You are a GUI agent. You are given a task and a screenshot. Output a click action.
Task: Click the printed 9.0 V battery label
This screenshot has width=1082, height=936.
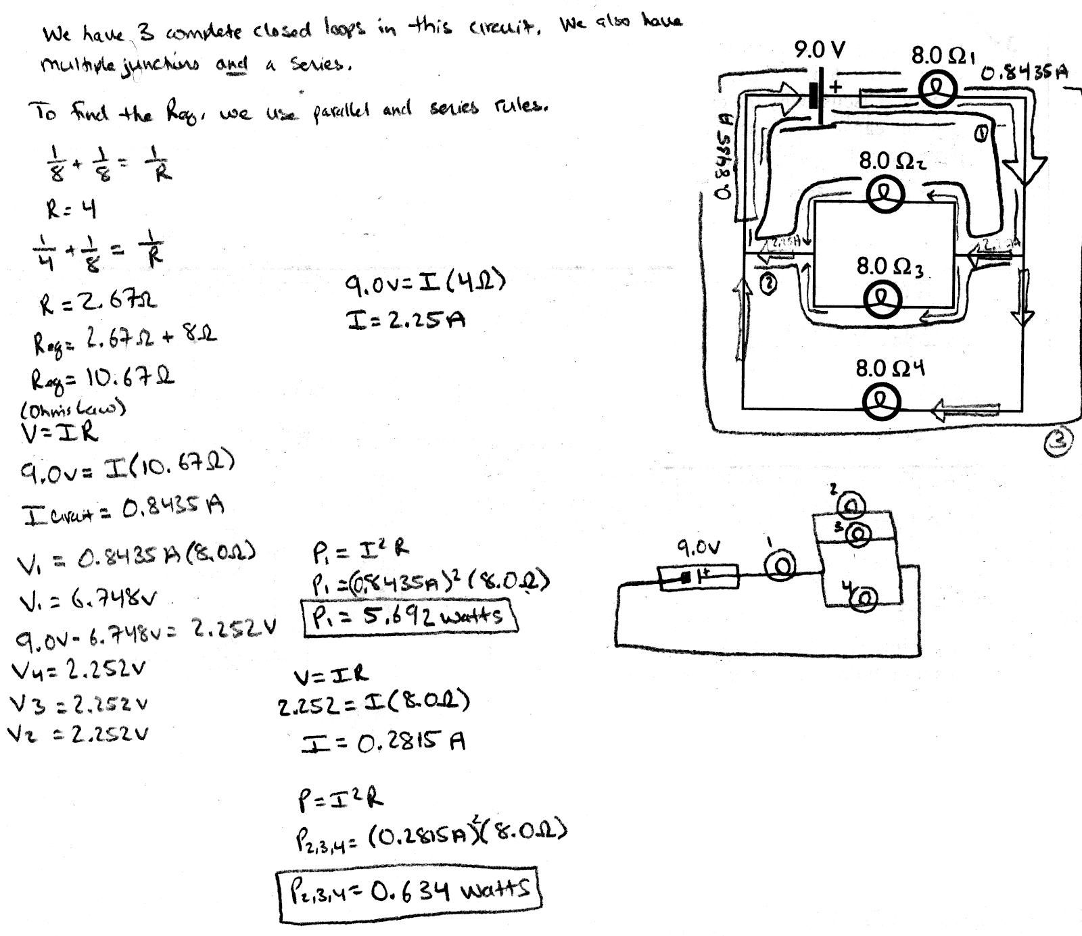point(819,50)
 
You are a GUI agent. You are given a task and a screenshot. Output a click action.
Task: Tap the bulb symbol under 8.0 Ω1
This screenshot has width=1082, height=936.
point(939,91)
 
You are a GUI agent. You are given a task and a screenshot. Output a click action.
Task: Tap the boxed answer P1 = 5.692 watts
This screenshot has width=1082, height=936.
point(410,616)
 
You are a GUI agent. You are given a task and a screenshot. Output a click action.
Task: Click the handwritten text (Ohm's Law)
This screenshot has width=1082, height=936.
point(74,409)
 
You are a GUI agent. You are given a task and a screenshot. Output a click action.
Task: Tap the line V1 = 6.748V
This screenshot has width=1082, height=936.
point(88,598)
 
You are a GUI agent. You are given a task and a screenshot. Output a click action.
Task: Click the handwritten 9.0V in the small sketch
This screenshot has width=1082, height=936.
point(698,546)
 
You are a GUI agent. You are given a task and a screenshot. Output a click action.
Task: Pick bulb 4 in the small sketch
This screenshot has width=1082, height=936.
point(865,597)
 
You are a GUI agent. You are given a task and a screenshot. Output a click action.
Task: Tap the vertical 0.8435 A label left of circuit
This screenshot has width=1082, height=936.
point(724,157)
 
